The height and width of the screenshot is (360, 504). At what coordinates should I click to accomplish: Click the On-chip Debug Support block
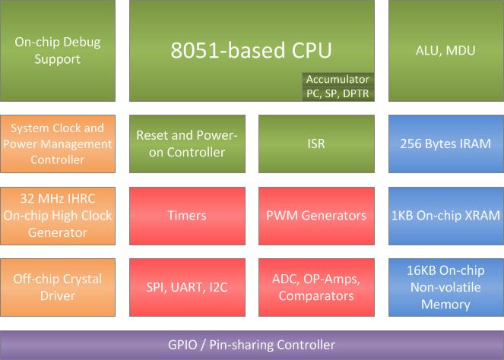click(58, 50)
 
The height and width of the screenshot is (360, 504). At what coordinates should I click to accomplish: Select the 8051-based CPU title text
click(251, 50)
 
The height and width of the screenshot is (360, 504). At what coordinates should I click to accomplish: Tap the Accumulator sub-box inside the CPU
click(337, 79)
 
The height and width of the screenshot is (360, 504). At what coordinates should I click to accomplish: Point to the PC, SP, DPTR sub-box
click(337, 93)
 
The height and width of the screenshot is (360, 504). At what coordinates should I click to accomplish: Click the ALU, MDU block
click(445, 50)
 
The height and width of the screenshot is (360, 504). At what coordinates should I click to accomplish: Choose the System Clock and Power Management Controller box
click(58, 144)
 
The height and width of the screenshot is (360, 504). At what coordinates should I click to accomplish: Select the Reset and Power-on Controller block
click(187, 144)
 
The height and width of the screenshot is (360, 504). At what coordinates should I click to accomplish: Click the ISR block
click(315, 144)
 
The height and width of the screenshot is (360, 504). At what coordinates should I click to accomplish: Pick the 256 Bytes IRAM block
click(445, 144)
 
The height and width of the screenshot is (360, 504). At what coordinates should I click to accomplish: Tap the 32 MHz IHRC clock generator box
click(58, 215)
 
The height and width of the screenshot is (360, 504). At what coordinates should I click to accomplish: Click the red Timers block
click(187, 215)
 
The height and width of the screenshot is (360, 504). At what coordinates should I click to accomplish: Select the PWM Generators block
click(315, 215)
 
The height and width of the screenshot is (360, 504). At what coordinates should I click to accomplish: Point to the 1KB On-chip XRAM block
click(445, 215)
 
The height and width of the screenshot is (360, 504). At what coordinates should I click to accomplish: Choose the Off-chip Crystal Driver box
click(58, 287)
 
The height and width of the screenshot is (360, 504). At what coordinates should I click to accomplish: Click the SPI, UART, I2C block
click(187, 287)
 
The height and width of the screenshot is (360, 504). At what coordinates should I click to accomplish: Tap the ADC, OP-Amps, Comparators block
click(315, 287)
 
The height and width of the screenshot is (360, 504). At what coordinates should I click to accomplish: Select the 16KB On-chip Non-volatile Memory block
click(445, 287)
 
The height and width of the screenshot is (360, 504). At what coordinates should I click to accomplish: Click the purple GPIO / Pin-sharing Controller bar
click(252, 345)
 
